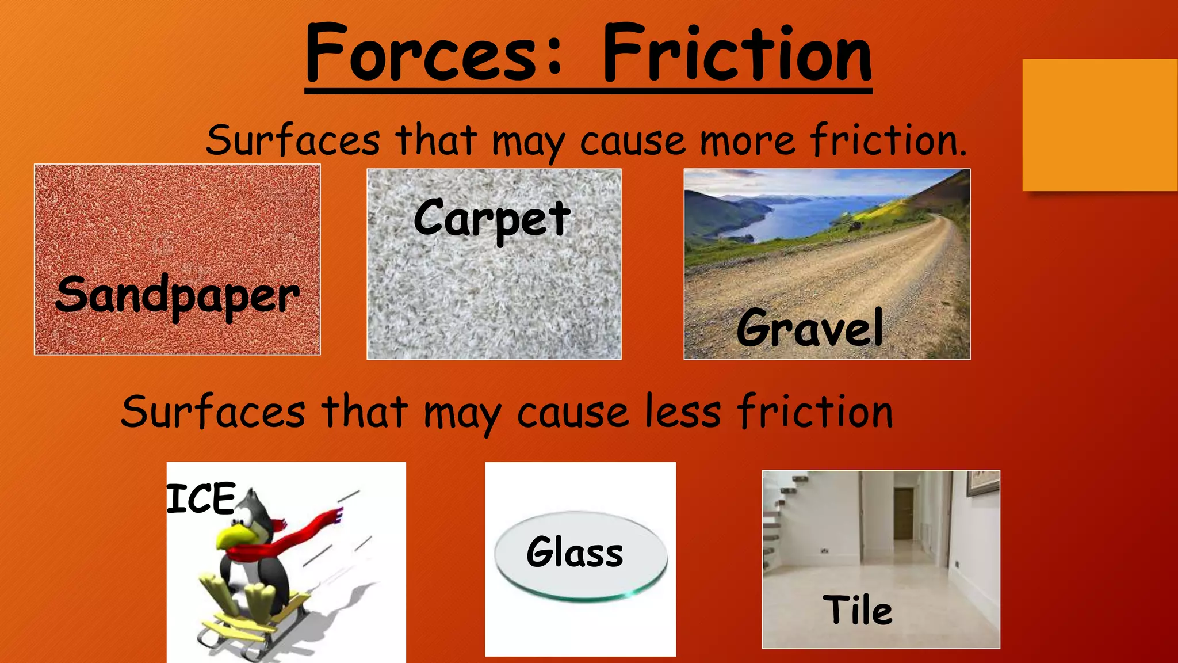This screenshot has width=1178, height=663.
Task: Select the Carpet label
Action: pos(492,219)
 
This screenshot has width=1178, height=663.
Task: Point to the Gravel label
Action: pos(809,328)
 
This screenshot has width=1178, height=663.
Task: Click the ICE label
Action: pos(201,498)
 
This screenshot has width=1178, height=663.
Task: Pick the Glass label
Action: pos(575,551)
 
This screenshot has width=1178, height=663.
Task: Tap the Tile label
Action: pos(858,610)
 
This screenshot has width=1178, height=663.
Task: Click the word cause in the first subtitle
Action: pos(632,141)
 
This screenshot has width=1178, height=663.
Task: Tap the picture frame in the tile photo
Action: pos(983,482)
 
